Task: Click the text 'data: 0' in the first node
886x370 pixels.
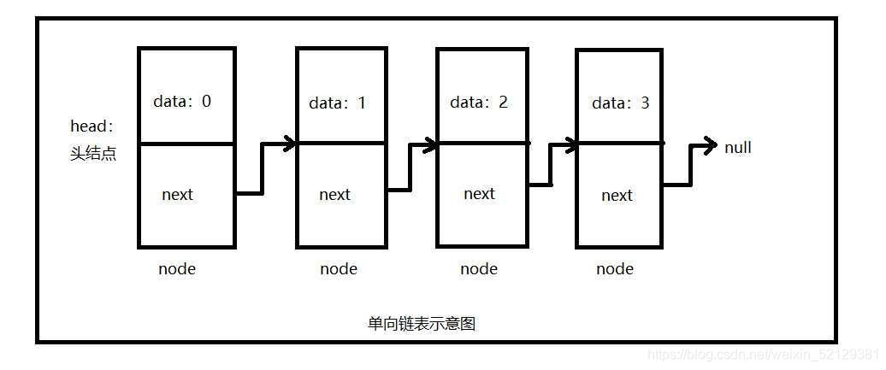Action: [x=182, y=101]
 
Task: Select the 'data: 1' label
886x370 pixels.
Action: [x=338, y=103]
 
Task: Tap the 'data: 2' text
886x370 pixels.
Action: [x=479, y=102]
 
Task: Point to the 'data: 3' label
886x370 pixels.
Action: [x=620, y=103]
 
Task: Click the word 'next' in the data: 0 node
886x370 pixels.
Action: [x=177, y=195]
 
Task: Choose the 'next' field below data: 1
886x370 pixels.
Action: [x=334, y=195]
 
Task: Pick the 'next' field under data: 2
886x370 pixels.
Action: [x=479, y=194]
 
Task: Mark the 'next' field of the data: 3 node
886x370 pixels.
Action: [x=617, y=196]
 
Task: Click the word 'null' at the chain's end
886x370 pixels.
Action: [x=738, y=148]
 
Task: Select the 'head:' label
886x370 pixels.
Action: [x=92, y=126]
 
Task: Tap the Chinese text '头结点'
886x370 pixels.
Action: [x=92, y=155]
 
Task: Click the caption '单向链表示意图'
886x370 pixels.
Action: [x=422, y=324]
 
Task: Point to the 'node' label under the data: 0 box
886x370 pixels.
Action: [x=177, y=269]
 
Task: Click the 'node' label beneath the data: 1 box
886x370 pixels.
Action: [x=339, y=269]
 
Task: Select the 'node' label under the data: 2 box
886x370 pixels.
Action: [x=479, y=269]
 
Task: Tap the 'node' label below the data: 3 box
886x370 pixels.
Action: [x=615, y=269]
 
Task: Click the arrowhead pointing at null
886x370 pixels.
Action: [x=709, y=147]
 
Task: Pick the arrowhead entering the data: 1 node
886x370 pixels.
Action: [x=289, y=144]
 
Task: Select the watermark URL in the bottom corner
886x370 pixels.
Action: [x=763, y=354]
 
